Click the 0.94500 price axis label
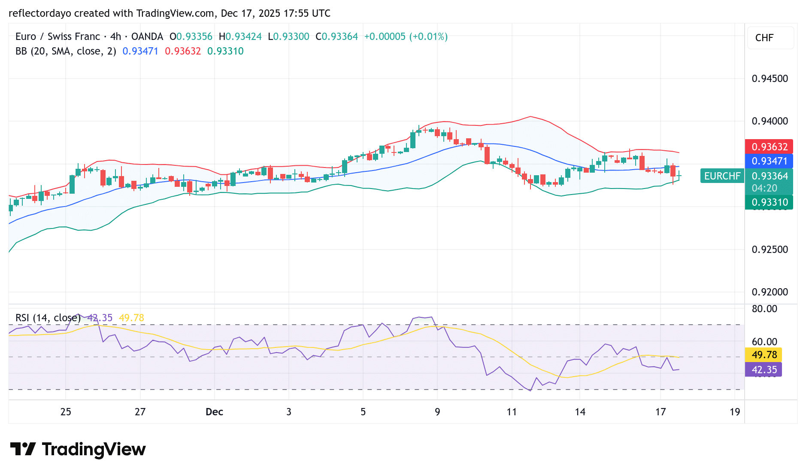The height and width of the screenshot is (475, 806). click(x=770, y=79)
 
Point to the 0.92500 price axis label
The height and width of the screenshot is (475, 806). click(x=770, y=250)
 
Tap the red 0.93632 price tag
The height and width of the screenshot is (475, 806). click(x=769, y=147)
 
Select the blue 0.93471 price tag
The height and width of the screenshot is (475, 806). click(x=769, y=161)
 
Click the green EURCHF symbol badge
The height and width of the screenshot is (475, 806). click(x=722, y=176)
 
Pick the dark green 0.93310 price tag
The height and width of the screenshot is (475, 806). click(x=769, y=202)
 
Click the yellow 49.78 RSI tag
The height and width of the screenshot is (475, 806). click(x=764, y=355)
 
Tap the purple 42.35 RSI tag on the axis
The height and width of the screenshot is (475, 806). click(x=764, y=370)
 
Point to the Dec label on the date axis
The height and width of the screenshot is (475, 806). click(x=214, y=412)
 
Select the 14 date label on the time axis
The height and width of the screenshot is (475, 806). click(x=580, y=412)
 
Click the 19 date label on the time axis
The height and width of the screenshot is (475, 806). click(x=735, y=412)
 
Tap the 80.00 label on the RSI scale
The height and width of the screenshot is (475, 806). click(x=764, y=309)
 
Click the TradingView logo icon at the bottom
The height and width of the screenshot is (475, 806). click(x=23, y=449)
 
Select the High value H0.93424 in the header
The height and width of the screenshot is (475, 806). click(x=240, y=37)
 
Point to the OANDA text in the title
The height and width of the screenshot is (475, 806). click(x=147, y=37)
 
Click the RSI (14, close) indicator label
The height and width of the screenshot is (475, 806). click(x=48, y=318)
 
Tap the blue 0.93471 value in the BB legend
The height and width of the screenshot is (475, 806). click(x=140, y=51)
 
